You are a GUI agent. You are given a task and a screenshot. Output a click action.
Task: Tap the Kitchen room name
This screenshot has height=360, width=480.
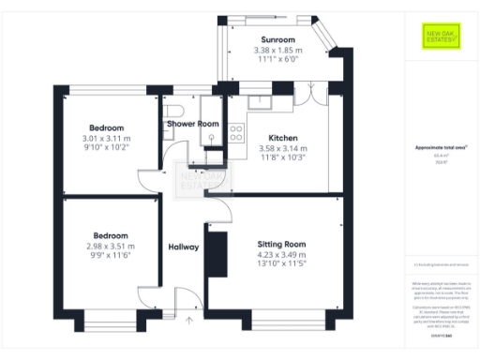[x=282, y=136]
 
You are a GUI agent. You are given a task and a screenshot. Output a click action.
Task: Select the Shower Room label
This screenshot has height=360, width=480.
[x=193, y=124]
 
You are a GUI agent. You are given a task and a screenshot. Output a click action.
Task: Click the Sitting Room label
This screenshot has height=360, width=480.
[x=282, y=244]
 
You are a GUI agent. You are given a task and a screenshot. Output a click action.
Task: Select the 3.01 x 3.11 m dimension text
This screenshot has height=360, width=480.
[x=110, y=137]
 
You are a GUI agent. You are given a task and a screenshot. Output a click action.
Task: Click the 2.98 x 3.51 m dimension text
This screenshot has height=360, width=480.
[x=110, y=246]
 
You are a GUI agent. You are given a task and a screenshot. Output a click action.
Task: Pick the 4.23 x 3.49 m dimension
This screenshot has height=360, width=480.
[x=282, y=254]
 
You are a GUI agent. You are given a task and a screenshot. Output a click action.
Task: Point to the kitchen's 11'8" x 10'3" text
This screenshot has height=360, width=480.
[x=282, y=157]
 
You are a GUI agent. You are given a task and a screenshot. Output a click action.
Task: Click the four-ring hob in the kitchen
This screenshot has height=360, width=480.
[x=236, y=133]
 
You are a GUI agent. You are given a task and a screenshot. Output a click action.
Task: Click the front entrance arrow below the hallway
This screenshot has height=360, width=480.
[x=189, y=322]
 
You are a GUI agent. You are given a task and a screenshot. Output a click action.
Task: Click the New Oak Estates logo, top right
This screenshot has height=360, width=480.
[x=435, y=38]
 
